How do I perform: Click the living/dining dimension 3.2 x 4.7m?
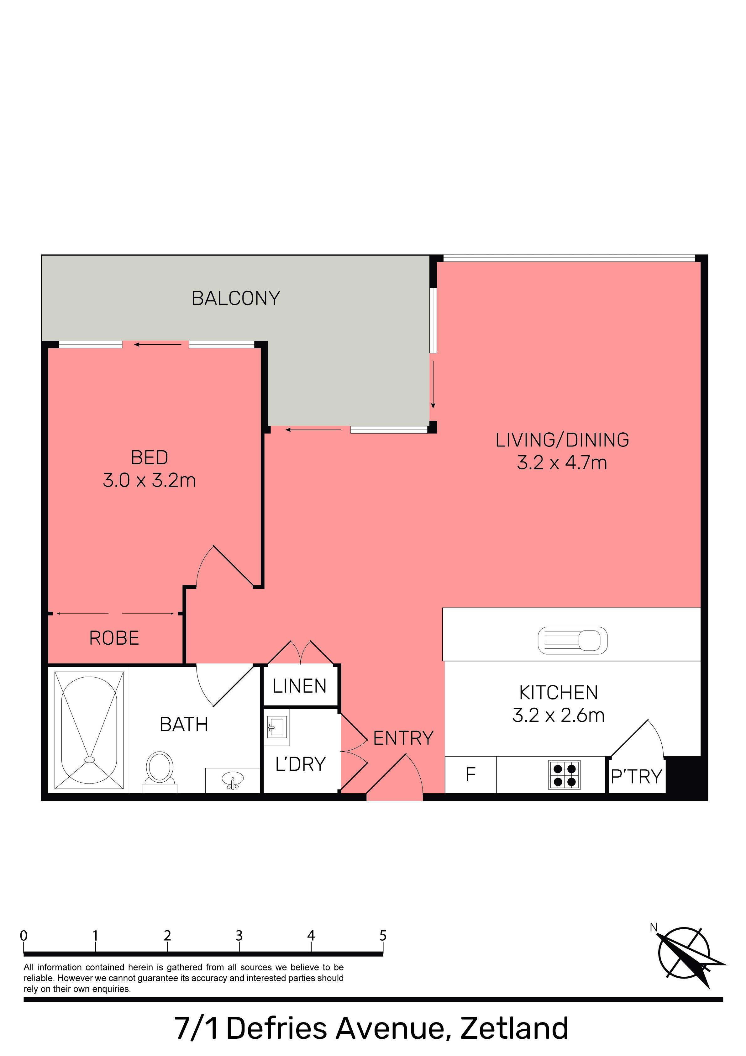click(x=562, y=463)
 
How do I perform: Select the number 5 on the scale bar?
click(x=383, y=936)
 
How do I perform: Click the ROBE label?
click(x=114, y=638)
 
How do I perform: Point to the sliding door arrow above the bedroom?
click(x=157, y=345)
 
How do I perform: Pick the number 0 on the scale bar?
click(x=24, y=936)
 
